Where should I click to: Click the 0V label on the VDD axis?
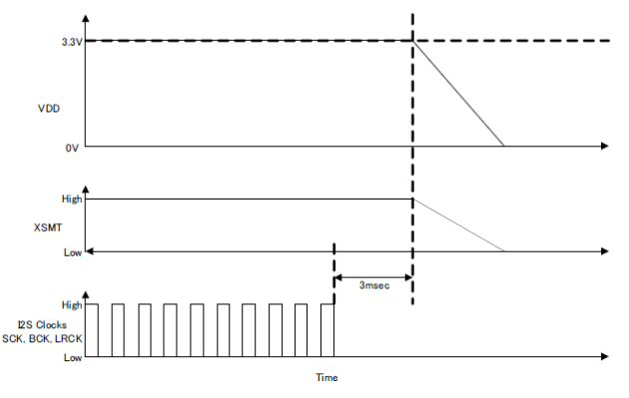click(x=72, y=147)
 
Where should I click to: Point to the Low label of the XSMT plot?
click(x=72, y=251)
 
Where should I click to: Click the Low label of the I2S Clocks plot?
click(x=72, y=356)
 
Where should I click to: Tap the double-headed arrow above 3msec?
click(x=372, y=277)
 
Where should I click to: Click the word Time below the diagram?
click(x=326, y=378)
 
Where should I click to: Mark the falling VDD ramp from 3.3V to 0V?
click(x=459, y=95)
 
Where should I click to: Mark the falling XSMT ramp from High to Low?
click(x=459, y=225)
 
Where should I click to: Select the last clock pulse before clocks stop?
click(x=326, y=329)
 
